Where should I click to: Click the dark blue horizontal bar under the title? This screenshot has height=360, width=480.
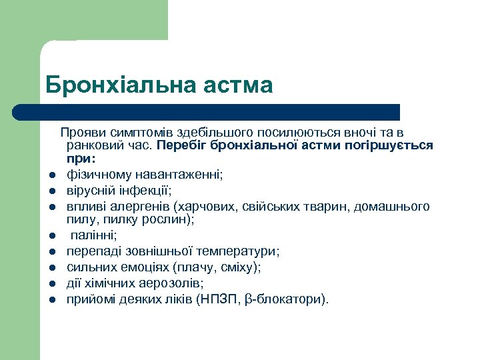tap(207, 112)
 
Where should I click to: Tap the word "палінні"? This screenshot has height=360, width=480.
tap(93, 235)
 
